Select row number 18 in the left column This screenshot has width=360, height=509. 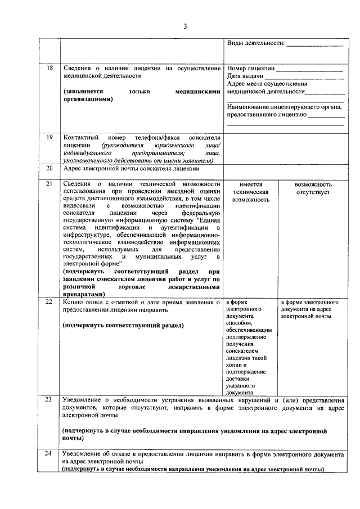pos(49,68)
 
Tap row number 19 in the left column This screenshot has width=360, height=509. pos(49,137)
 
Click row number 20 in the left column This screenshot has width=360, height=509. pos(49,168)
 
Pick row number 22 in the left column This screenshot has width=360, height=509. pos(49,303)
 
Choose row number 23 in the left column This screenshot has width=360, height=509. pos(49,399)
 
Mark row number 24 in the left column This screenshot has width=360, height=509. pos(49,453)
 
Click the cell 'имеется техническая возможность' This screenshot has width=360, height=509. pos(250,192)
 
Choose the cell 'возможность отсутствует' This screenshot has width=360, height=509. pos(313,188)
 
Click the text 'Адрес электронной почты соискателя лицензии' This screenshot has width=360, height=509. pos(131,168)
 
